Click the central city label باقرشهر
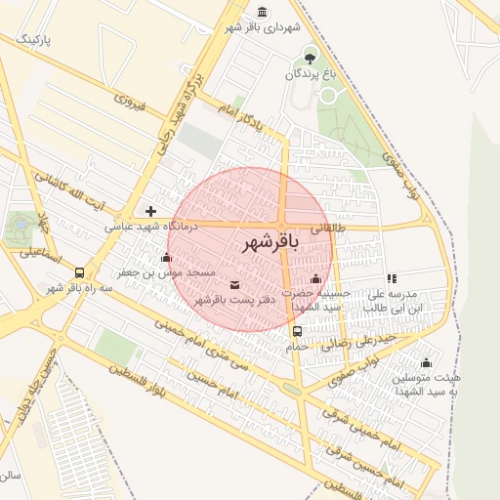[x=267, y=241]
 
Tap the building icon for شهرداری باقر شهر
[x=262, y=12]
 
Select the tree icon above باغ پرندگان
[x=311, y=55]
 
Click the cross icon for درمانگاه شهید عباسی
[x=150, y=211]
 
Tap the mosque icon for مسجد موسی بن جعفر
[x=165, y=258]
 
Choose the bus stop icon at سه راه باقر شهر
[x=78, y=273]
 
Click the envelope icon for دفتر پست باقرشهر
[x=233, y=284]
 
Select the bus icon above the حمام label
[x=297, y=330]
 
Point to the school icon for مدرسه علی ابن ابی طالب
[x=392, y=278]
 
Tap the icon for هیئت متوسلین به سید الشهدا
[x=426, y=362]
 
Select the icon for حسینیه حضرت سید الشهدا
[x=315, y=279]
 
